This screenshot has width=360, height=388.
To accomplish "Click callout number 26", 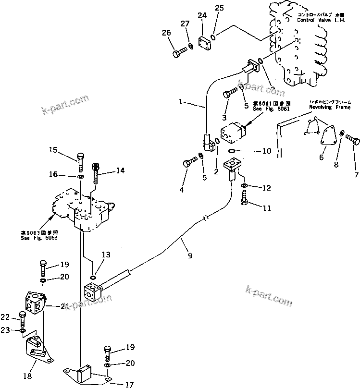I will click(166, 33).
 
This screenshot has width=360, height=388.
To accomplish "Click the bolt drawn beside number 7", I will click(352, 140).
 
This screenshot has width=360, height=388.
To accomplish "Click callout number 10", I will click(267, 151).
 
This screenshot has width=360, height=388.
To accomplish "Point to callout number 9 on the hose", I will click(190, 256).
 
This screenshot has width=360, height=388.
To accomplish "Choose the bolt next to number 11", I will click(244, 199).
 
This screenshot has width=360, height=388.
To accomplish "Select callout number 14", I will click(120, 170).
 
